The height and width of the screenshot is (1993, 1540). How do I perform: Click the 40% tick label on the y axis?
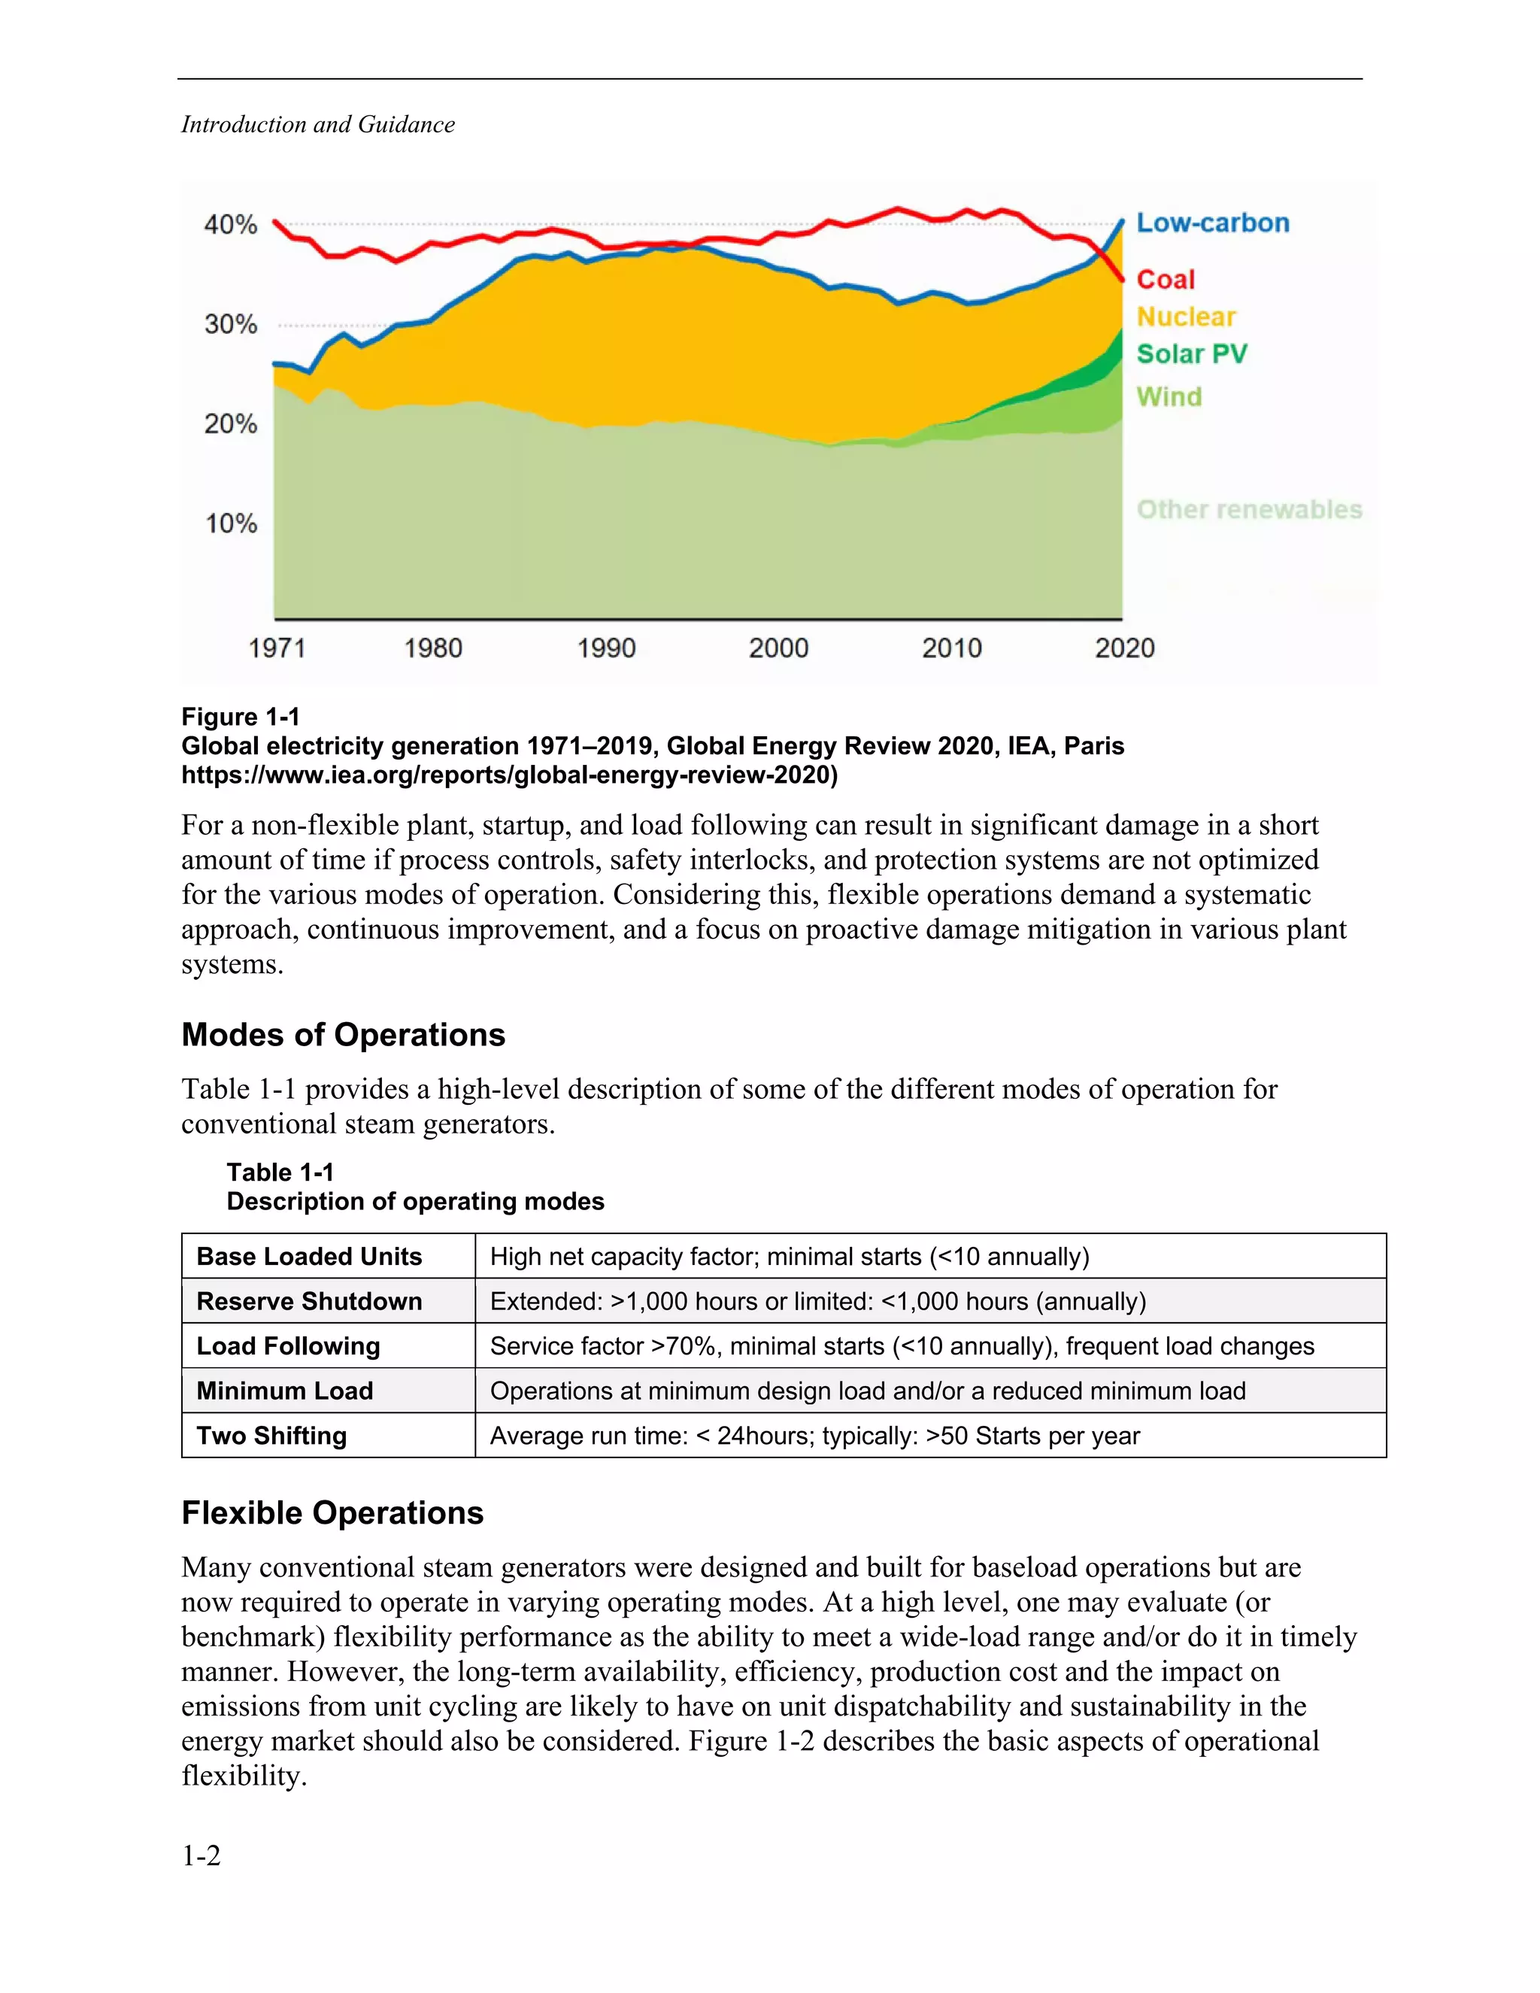[230, 224]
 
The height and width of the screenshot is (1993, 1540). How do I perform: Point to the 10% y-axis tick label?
[231, 523]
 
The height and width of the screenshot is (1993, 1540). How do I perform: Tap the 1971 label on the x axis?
[277, 649]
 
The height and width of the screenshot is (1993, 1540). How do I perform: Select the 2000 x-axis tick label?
[778, 649]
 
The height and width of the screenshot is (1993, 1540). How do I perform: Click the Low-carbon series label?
[1212, 223]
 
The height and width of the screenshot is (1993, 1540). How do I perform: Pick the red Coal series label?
[1165, 279]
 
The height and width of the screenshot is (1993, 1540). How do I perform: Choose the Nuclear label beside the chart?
[1186, 317]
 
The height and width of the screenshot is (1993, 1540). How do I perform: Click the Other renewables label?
[1249, 509]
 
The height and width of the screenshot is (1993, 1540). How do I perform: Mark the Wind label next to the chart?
[1169, 397]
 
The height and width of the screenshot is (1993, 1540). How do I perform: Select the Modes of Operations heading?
[343, 1035]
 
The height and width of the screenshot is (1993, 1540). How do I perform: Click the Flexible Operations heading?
[332, 1513]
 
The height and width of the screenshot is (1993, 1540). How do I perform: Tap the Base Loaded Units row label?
[309, 1257]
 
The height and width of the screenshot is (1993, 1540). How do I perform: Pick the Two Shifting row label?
[272, 1436]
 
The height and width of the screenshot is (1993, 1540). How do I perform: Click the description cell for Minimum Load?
[868, 1391]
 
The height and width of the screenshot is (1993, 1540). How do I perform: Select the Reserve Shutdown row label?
[309, 1301]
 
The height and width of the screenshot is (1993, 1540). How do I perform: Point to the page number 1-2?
[201, 1855]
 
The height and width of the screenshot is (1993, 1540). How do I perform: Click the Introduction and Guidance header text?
[317, 124]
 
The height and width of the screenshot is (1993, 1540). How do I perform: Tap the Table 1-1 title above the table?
[280, 1172]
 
